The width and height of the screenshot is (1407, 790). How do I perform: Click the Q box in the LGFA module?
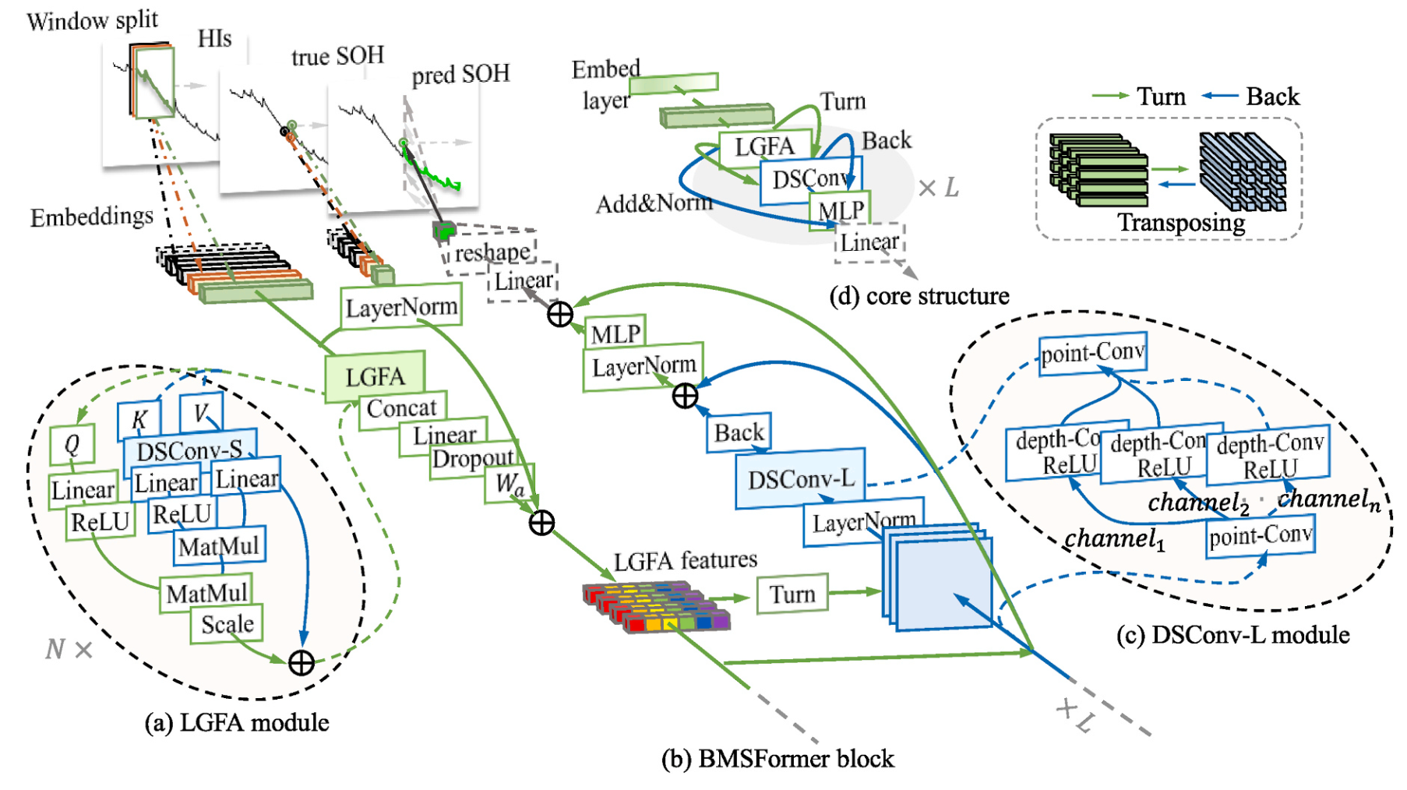point(72,445)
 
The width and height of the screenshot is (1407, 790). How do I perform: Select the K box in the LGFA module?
point(139,421)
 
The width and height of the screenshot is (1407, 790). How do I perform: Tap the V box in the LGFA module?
point(201,413)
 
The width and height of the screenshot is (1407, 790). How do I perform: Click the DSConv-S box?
point(190,450)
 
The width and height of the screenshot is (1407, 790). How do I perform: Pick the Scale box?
point(227,624)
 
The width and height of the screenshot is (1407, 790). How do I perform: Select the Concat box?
point(402,408)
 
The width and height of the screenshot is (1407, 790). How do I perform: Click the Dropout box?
point(473,459)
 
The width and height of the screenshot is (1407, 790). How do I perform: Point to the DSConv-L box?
point(800,478)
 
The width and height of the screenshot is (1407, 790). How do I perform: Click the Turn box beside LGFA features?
point(792,594)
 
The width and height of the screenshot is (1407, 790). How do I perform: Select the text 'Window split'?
point(92,20)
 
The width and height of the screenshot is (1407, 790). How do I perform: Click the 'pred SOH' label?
point(460,75)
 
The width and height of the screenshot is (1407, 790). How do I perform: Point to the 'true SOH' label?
point(337,56)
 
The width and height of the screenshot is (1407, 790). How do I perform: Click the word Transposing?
point(1181,223)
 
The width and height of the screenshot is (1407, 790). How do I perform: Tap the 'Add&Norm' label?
point(654,203)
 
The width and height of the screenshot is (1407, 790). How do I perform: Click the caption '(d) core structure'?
point(919,296)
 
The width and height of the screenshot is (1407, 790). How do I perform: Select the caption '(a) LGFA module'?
point(237,722)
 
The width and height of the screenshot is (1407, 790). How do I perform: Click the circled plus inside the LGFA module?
point(301,663)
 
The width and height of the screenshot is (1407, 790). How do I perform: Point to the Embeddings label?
point(91,217)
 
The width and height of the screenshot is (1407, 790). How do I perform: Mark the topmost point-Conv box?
point(1093,354)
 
